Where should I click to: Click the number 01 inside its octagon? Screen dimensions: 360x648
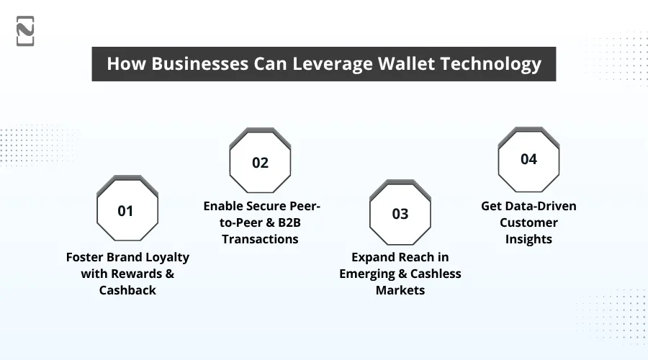[126, 211]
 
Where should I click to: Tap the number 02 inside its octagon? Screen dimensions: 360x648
[260, 163]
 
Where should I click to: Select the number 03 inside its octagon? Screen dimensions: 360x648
[400, 214]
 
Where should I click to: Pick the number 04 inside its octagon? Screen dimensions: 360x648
[528, 159]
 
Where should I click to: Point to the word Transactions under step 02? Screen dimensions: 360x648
[260, 239]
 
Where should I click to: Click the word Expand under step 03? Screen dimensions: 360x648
[373, 256]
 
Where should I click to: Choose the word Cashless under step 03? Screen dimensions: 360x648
[433, 273]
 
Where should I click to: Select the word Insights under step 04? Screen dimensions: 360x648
[528, 239]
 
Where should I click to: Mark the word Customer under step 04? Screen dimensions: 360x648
[528, 222]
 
